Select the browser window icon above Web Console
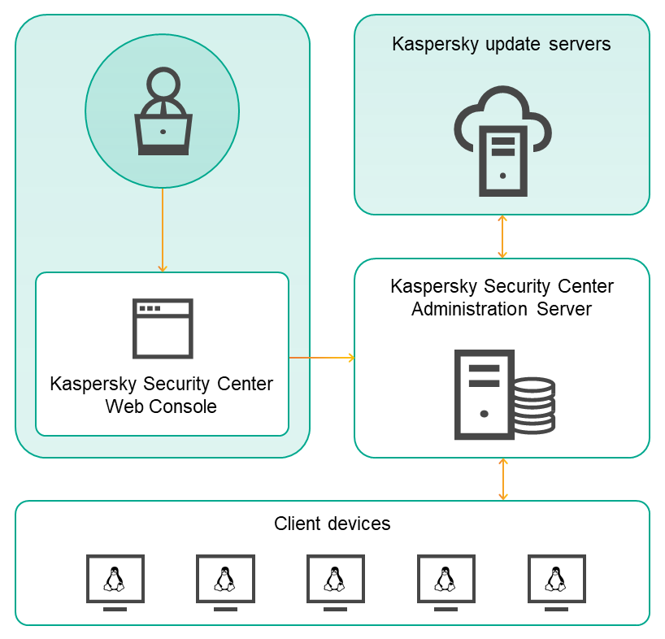163,328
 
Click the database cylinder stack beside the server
533,405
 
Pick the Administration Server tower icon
485,394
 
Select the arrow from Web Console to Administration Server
322,358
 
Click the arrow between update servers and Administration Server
502,237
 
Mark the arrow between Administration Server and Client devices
502,479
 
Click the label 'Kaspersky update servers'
501,44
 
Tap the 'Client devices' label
332,524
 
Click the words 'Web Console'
161,406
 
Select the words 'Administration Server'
501,309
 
